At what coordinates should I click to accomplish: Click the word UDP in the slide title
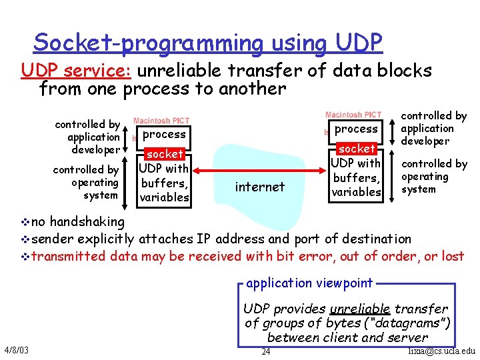pyautogui.click(x=359, y=43)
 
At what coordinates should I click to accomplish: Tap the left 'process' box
pyautogui.click(x=164, y=134)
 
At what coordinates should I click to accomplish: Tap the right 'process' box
pyautogui.click(x=356, y=129)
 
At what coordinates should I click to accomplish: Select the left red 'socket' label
pyautogui.click(x=164, y=154)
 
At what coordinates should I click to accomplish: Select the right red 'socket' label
pyautogui.click(x=357, y=149)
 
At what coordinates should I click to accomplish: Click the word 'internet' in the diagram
pyautogui.click(x=260, y=187)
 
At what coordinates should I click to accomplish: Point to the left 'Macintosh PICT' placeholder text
pyautogui.click(x=161, y=121)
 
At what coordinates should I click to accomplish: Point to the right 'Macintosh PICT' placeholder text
pyautogui.click(x=353, y=115)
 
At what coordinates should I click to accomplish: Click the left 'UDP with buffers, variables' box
pyautogui.click(x=164, y=183)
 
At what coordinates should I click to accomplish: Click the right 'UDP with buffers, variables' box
pyautogui.click(x=357, y=177)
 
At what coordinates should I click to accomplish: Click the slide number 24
pyautogui.click(x=265, y=351)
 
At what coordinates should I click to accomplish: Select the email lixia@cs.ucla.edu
pyautogui.click(x=442, y=351)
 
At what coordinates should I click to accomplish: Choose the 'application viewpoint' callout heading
pyautogui.click(x=309, y=283)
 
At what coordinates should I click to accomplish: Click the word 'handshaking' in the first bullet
pyautogui.click(x=87, y=221)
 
